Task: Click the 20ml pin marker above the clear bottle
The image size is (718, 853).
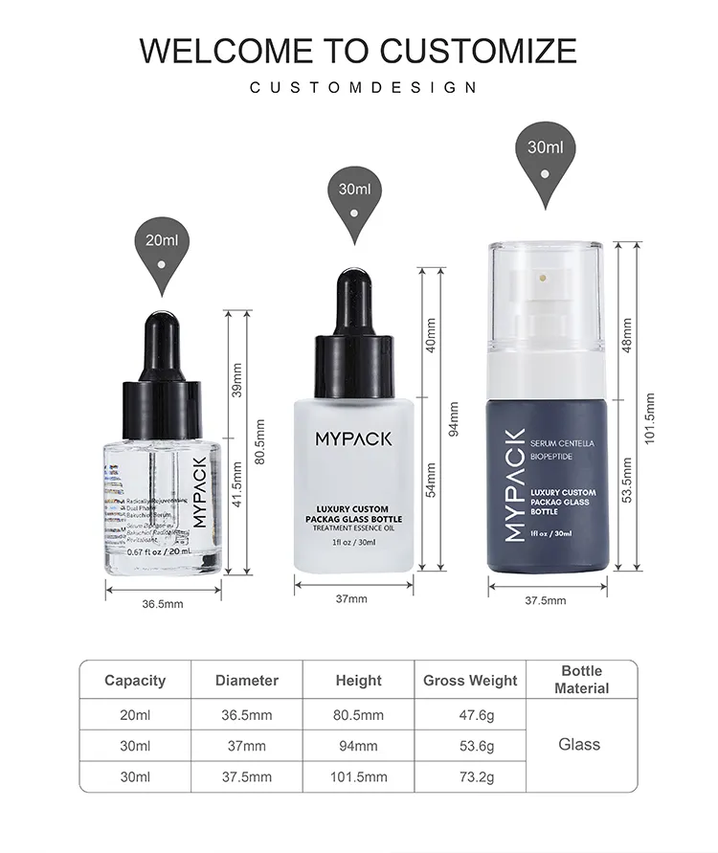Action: click(162, 245)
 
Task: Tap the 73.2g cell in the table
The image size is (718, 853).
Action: click(470, 776)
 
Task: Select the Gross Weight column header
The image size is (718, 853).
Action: click(470, 681)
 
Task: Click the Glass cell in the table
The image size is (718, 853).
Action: click(579, 744)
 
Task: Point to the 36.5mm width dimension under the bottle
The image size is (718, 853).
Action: click(163, 604)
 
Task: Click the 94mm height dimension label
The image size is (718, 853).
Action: click(454, 418)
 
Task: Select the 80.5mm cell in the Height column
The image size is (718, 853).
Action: click(359, 714)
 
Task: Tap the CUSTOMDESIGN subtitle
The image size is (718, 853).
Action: click(363, 88)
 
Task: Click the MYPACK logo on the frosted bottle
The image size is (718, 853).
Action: click(353, 438)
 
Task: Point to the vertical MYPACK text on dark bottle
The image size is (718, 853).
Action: click(515, 484)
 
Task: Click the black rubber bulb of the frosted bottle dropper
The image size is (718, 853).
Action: click(353, 300)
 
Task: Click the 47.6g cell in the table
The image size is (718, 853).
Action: click(470, 714)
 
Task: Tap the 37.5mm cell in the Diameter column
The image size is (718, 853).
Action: click(247, 776)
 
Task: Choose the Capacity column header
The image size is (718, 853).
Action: click(135, 681)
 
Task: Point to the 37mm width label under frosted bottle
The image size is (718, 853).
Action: click(351, 598)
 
